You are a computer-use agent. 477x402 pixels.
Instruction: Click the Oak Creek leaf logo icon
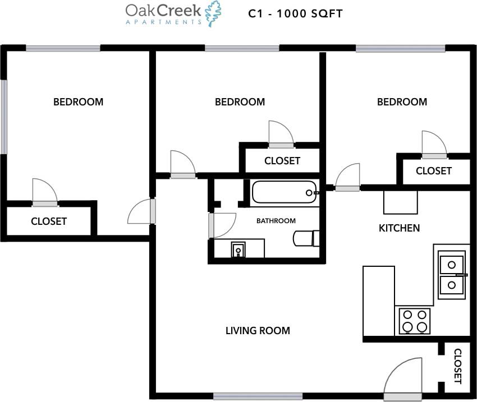(213, 13)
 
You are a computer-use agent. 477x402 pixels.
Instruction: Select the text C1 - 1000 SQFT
(295, 13)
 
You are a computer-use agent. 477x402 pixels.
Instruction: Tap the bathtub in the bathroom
(285, 192)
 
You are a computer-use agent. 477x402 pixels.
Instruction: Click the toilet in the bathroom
(306, 238)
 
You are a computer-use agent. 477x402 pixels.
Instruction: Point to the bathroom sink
(238, 249)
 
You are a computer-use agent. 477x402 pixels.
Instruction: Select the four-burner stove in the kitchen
(414, 321)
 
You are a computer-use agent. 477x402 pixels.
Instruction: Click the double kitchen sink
(451, 274)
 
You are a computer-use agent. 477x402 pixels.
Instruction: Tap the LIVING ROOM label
(258, 331)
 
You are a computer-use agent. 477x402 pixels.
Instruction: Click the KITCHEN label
(399, 228)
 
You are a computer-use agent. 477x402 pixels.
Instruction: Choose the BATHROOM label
(276, 221)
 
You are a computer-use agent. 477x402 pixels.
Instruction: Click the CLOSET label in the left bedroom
(49, 221)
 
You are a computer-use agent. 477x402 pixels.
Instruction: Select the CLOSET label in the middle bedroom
(282, 161)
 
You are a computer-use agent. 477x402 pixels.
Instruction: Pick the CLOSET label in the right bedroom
(433, 171)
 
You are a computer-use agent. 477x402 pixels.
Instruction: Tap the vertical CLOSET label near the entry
(457, 366)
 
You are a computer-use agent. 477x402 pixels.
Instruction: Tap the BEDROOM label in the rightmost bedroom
(402, 102)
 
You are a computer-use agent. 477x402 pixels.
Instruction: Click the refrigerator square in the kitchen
(400, 202)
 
